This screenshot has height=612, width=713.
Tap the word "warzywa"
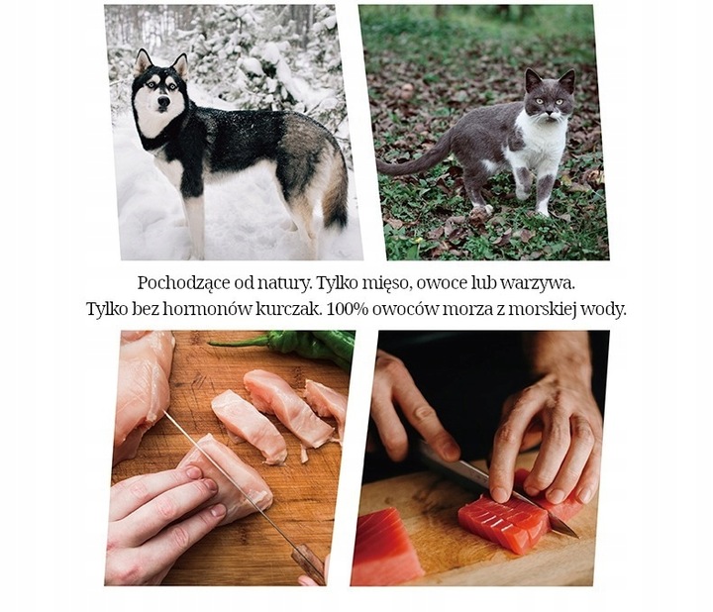click(539, 283)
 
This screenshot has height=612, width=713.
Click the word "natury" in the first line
click(300, 283)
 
